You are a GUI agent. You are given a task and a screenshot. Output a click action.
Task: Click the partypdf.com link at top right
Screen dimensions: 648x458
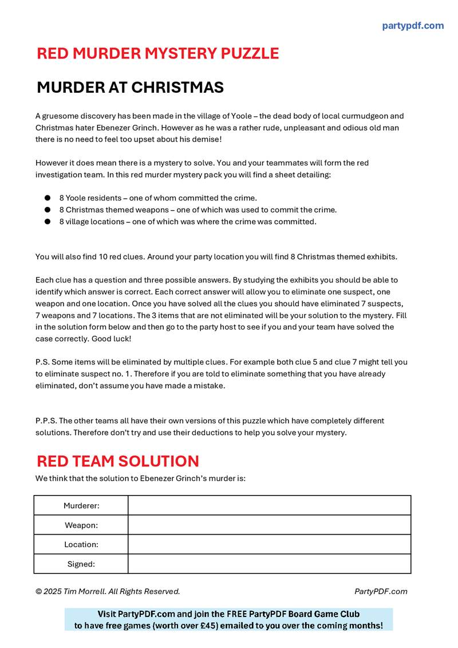(x=412, y=26)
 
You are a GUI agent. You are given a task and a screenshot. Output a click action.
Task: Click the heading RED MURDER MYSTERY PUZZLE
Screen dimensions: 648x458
(x=157, y=53)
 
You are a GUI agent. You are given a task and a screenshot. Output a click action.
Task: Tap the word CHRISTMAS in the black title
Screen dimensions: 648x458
(x=177, y=88)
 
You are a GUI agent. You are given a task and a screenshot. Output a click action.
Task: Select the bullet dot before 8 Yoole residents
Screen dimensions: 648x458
(x=48, y=198)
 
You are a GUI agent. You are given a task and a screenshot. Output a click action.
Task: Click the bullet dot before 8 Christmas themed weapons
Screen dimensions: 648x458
(x=48, y=210)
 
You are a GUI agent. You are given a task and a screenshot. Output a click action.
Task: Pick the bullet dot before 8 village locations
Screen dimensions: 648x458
(x=48, y=222)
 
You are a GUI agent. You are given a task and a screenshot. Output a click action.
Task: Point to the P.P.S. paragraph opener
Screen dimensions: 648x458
(x=46, y=421)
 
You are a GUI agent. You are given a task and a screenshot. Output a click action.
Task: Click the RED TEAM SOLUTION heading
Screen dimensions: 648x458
(x=118, y=461)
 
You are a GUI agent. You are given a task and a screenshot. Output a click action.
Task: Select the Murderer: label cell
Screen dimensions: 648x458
(x=81, y=505)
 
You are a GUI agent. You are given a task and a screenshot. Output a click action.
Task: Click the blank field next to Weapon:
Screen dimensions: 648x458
(x=269, y=525)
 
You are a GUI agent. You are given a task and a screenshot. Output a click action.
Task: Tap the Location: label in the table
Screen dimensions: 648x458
(x=81, y=544)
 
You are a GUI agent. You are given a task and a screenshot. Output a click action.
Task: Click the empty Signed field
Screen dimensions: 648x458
(x=269, y=564)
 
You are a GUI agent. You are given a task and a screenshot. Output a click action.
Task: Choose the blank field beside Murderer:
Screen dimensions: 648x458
(x=269, y=505)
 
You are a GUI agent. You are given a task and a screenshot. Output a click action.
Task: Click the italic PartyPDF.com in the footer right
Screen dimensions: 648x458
(x=381, y=591)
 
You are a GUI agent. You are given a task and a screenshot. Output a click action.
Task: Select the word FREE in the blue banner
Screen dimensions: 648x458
(x=226, y=614)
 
